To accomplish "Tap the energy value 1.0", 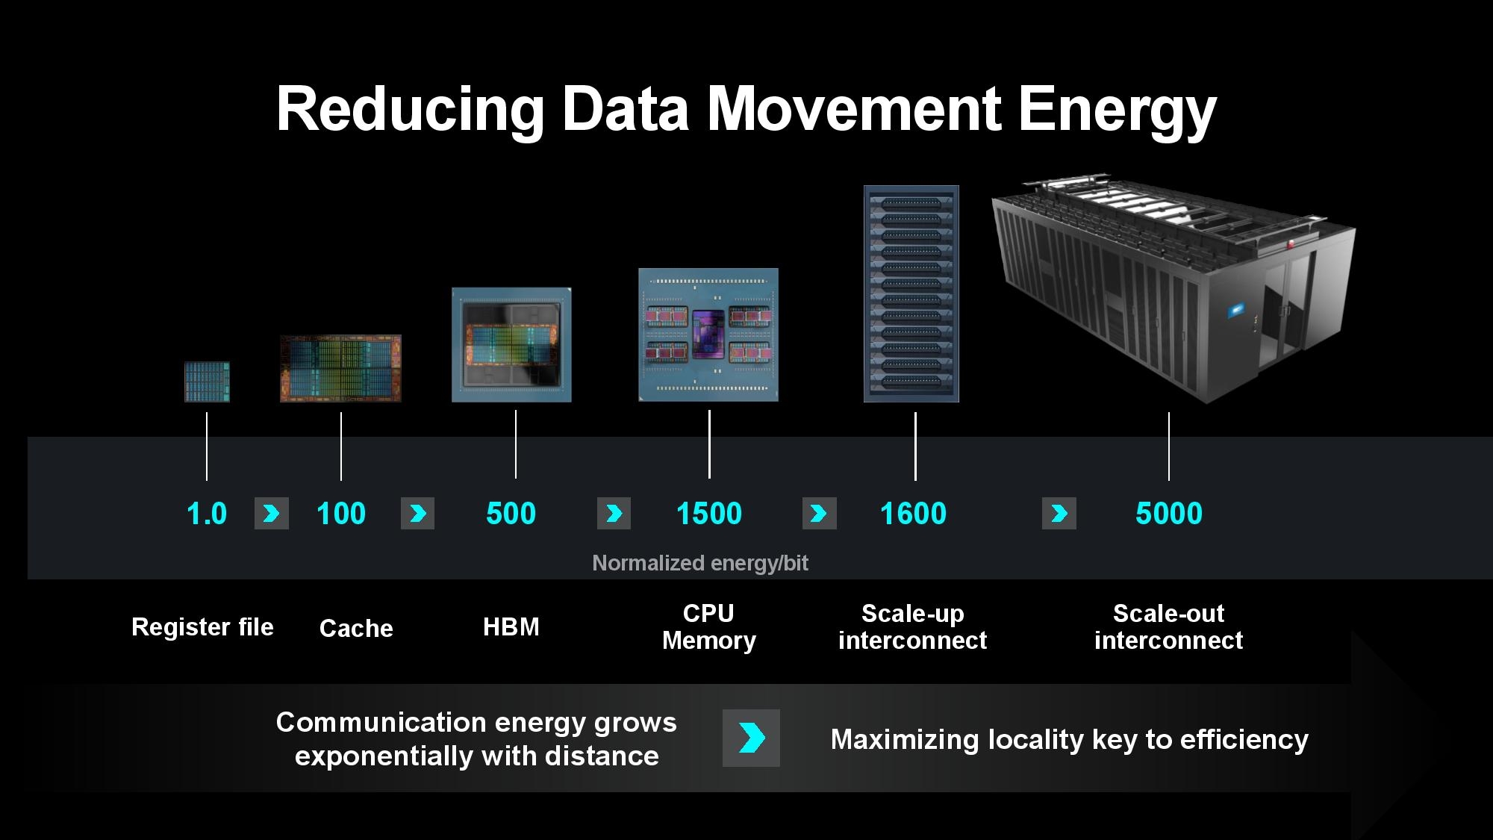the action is click(x=207, y=514).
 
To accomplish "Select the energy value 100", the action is click(x=341, y=514).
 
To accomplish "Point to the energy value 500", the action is click(x=511, y=514).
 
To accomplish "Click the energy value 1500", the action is click(x=709, y=514).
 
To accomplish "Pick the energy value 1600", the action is click(x=914, y=514).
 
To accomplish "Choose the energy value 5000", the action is click(x=1169, y=514).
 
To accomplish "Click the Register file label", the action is click(x=202, y=627).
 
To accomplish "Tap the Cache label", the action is click(x=356, y=628).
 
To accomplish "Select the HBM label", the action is click(x=511, y=626).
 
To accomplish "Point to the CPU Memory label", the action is click(x=709, y=626).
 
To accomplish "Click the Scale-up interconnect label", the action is click(x=913, y=626).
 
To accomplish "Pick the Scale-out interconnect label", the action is click(x=1169, y=626).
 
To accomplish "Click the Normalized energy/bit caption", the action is click(x=700, y=563).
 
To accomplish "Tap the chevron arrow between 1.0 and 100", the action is click(x=272, y=514).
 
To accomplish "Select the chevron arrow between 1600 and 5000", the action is click(x=1059, y=514).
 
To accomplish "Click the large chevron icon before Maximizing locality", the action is click(x=751, y=738).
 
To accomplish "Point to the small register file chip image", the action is click(x=208, y=382).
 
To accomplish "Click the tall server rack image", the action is click(x=911, y=293).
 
